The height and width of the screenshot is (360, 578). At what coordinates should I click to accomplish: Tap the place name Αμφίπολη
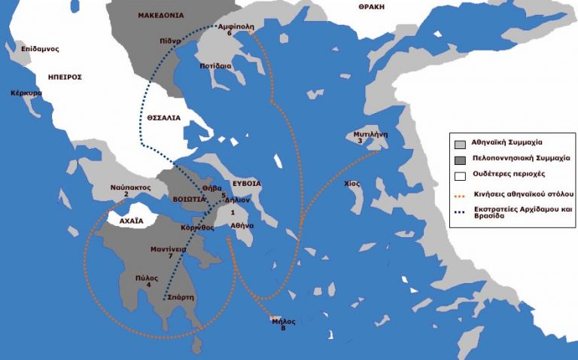pos(234,25)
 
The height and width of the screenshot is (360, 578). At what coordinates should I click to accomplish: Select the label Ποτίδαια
pos(215,66)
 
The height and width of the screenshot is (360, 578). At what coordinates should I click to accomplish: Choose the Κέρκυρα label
pos(26,94)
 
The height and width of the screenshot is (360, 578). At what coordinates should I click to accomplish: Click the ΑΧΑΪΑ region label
pos(126,221)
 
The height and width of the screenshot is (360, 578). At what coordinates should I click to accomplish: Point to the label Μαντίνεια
pos(169,248)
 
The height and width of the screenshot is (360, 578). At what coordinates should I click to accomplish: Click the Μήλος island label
pos(284,321)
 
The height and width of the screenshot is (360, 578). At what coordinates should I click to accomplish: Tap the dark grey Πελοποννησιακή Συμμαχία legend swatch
pos(458,160)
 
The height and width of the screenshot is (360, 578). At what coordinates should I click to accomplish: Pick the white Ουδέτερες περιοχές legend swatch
pos(458,176)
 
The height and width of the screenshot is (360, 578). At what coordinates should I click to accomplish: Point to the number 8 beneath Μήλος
pos(283,329)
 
